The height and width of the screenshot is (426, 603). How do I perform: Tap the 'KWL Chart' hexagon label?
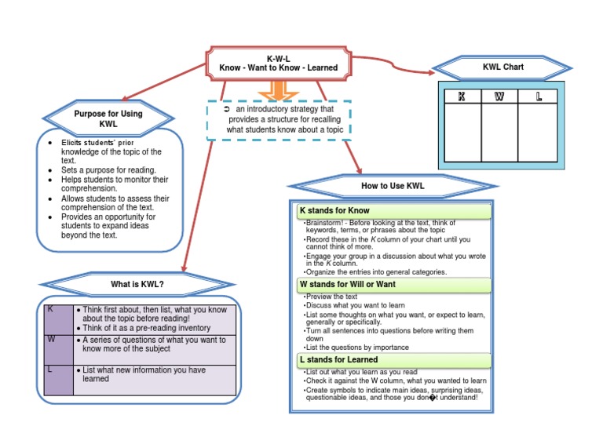click(x=503, y=67)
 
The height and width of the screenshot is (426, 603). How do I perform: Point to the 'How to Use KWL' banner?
click(x=393, y=186)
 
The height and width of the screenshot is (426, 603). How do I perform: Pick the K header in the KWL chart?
click(x=462, y=96)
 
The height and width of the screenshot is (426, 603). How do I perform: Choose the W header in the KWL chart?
click(x=500, y=96)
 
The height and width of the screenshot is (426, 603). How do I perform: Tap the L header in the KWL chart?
click(x=539, y=96)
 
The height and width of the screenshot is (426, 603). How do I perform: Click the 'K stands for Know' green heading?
click(x=393, y=211)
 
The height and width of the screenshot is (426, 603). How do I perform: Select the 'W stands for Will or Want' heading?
click(x=393, y=284)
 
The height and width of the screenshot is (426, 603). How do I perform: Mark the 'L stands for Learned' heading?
click(x=393, y=360)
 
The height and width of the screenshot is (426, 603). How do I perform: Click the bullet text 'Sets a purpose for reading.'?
click(x=108, y=169)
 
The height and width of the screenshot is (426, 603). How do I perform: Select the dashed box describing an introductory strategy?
click(x=280, y=119)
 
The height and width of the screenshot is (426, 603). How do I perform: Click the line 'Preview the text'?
click(x=330, y=297)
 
